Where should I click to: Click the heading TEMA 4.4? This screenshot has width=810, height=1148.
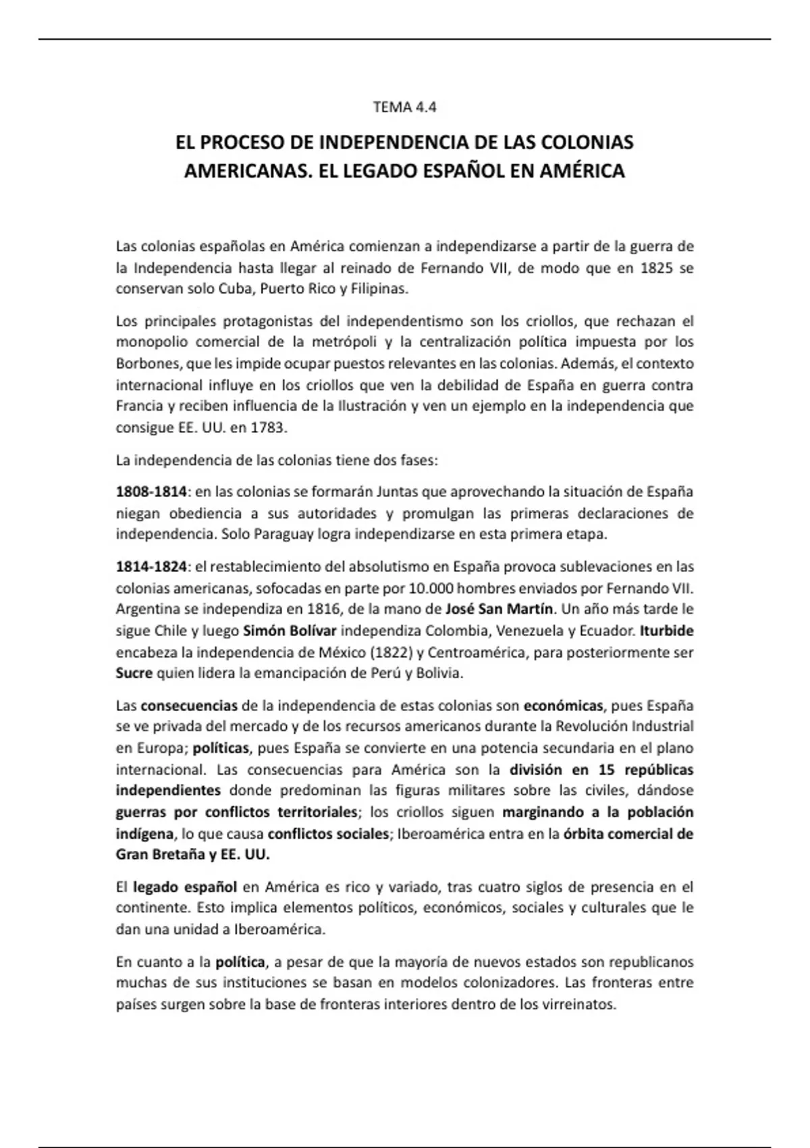405,107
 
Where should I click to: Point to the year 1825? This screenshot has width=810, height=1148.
656,267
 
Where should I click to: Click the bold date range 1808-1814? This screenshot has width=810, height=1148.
151,492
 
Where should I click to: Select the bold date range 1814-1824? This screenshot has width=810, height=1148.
151,566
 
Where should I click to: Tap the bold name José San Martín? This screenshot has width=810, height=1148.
500,609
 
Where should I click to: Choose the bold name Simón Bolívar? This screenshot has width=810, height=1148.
289,631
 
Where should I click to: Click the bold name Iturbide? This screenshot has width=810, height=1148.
667,631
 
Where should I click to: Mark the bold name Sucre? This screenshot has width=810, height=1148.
134,674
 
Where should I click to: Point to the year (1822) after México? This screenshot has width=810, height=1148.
391,653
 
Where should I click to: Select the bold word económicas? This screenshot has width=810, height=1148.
563,706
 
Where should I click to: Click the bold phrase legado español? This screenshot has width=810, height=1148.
184,887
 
